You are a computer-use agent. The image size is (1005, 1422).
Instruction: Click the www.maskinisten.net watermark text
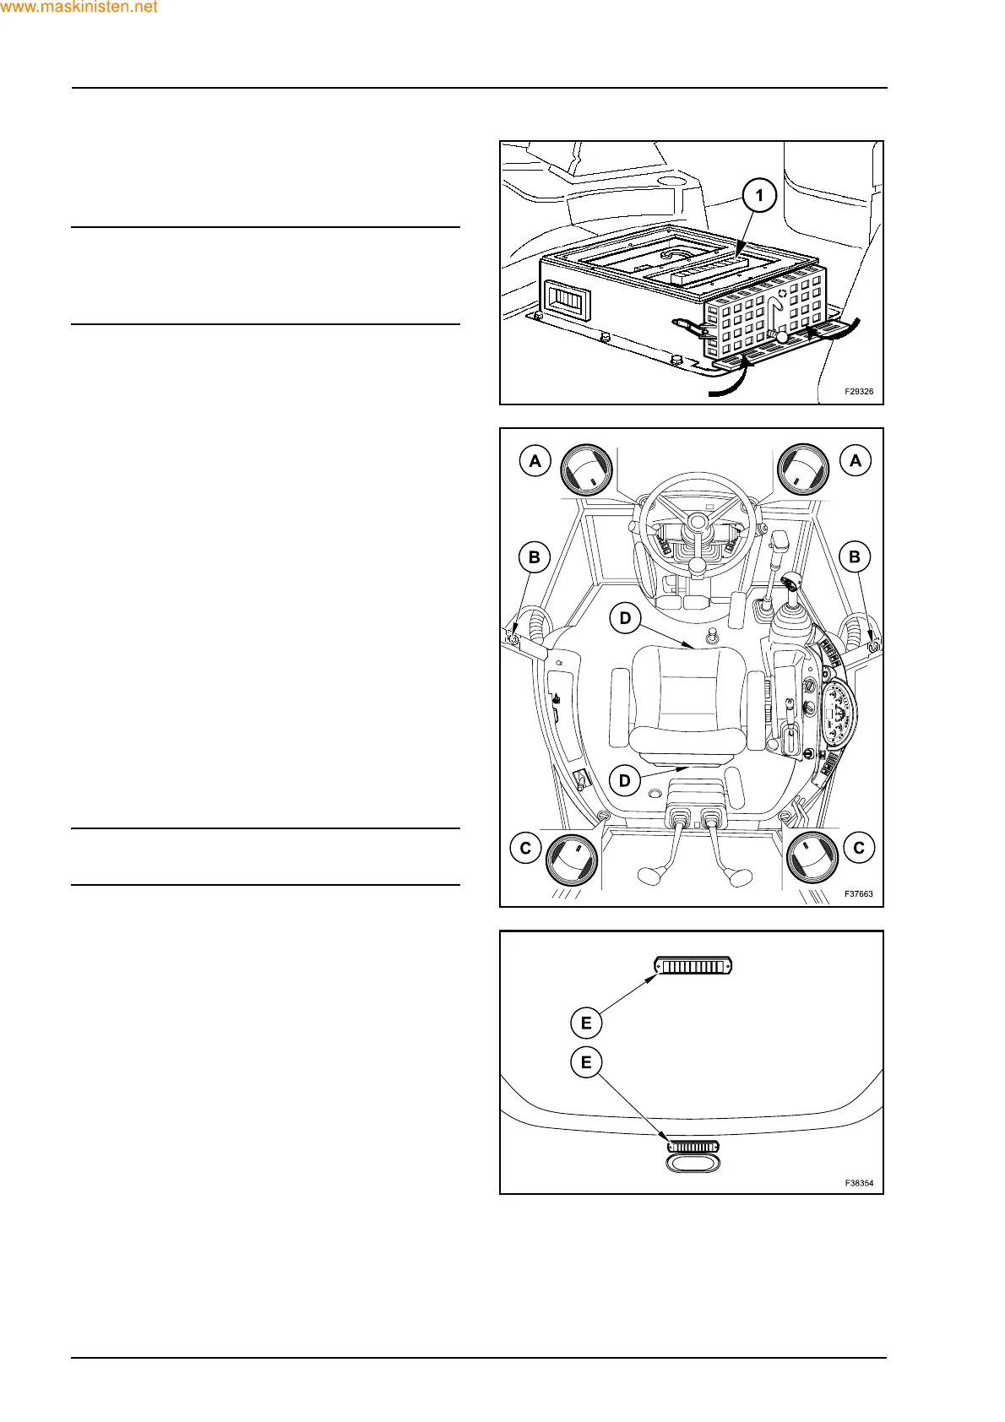coord(79,8)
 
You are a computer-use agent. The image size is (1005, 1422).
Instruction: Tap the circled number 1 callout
coord(759,196)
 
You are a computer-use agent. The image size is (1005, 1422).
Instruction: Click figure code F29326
coord(859,392)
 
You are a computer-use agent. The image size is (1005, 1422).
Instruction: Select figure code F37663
coord(859,893)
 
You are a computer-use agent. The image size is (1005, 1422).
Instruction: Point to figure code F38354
coord(859,1183)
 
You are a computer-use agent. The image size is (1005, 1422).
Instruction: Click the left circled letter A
coord(535,461)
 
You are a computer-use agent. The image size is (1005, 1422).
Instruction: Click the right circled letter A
coord(856,461)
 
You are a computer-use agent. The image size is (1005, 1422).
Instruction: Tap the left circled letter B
coord(534,557)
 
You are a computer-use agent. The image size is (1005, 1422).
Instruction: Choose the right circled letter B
coord(855,557)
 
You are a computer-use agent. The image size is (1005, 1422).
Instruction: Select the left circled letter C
coord(525,848)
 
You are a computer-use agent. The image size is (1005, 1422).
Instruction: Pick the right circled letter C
coord(859,848)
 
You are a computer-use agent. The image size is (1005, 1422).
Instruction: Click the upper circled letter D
coord(625,618)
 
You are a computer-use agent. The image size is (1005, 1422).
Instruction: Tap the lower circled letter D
coord(625,780)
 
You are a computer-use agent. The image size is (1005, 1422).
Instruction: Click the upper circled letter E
coord(586,1023)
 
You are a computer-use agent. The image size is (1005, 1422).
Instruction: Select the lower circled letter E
coord(586,1062)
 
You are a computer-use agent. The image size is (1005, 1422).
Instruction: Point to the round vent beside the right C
coord(812,857)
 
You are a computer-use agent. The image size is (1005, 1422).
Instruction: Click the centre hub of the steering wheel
coord(698,524)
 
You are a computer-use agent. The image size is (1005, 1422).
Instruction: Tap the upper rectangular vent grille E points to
coord(693,965)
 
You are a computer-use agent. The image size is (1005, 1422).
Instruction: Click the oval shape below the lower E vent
coord(693,1164)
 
